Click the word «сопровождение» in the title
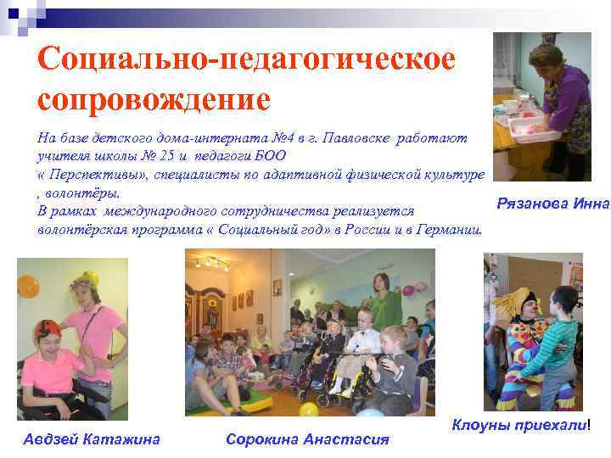(154, 99)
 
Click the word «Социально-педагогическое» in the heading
(246, 59)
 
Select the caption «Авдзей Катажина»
(91, 438)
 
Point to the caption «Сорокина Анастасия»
(307, 438)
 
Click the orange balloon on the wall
(29, 286)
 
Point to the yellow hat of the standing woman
(84, 278)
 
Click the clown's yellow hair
(514, 300)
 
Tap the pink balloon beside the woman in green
(408, 290)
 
